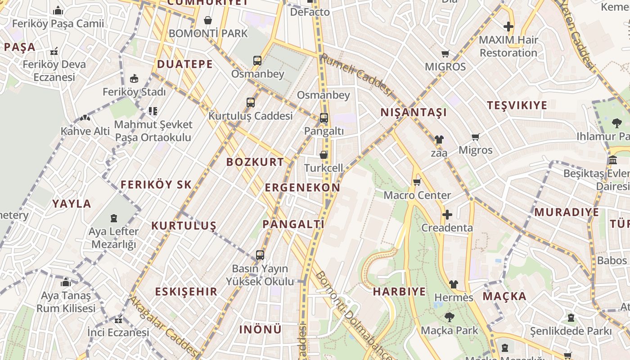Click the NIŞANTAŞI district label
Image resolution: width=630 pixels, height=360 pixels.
(414, 112)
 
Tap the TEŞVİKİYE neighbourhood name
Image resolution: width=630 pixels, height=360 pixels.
(517, 105)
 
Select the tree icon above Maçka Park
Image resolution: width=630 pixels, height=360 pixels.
(449, 317)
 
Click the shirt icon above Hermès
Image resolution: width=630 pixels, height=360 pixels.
(454, 284)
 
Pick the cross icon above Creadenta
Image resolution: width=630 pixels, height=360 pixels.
(447, 215)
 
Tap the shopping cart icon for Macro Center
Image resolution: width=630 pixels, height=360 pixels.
(417, 182)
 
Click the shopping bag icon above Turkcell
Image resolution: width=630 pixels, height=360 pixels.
(323, 155)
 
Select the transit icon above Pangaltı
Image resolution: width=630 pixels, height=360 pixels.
(324, 118)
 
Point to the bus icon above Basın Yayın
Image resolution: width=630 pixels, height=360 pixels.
(260, 255)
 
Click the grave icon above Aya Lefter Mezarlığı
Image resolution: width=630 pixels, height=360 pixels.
(113, 219)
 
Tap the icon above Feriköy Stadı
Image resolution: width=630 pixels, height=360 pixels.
(134, 79)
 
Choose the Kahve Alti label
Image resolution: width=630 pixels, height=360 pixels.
(85, 131)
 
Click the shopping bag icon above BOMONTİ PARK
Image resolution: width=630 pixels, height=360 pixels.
(208, 20)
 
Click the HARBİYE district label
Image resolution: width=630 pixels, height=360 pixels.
(399, 292)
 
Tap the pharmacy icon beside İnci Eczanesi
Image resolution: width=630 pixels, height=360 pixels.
(118, 320)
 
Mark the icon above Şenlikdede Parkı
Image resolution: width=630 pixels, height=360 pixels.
(571, 318)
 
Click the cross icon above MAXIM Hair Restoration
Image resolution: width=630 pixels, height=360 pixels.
(508, 27)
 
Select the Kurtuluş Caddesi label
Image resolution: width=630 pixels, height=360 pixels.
(250, 116)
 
